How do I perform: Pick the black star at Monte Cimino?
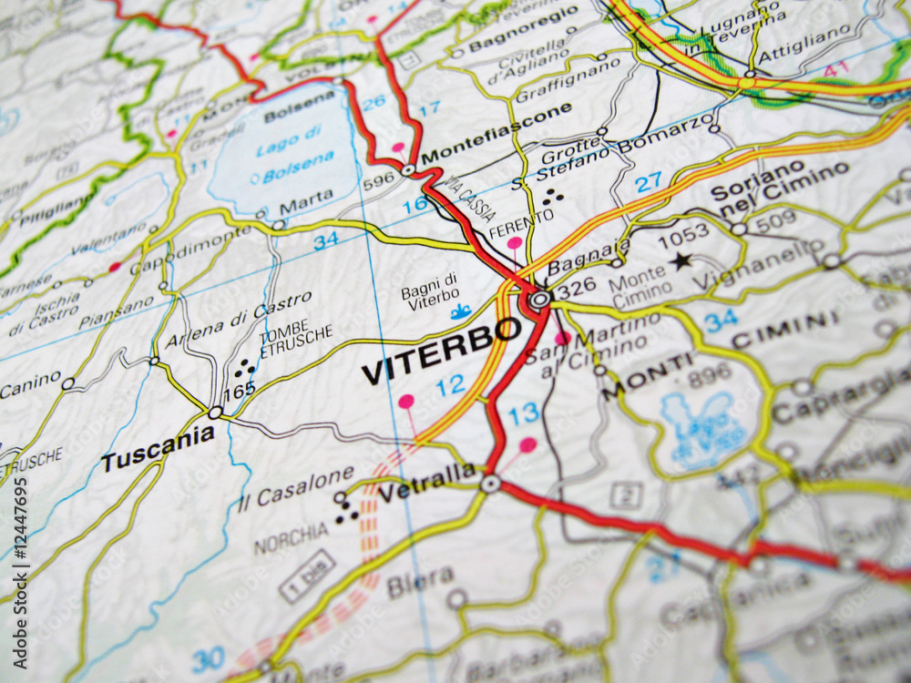[x=680, y=261]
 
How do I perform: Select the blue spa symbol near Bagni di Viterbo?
[x=461, y=313]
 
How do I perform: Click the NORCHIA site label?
[x=291, y=539]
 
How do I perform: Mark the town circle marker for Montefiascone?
[x=408, y=169]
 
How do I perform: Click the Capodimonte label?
[x=189, y=250]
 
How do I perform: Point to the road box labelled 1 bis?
[x=306, y=575]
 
